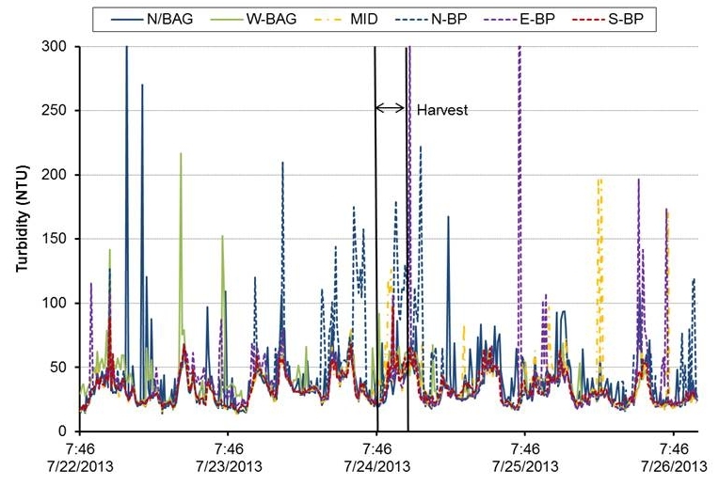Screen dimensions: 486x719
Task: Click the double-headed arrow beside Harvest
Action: click(x=391, y=108)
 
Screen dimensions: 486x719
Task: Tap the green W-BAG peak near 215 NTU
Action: click(x=181, y=154)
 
